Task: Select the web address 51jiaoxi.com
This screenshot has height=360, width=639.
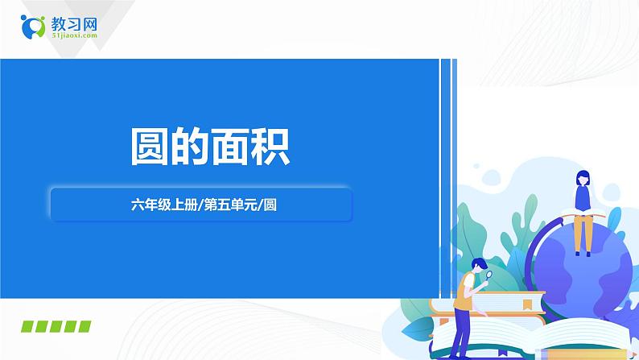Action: click(73, 35)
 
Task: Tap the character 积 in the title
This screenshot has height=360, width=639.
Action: click(269, 145)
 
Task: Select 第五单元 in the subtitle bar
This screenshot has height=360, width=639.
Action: click(237, 205)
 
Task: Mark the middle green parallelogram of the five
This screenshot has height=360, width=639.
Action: click(55, 326)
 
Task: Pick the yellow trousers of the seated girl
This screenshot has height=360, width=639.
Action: click(583, 234)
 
